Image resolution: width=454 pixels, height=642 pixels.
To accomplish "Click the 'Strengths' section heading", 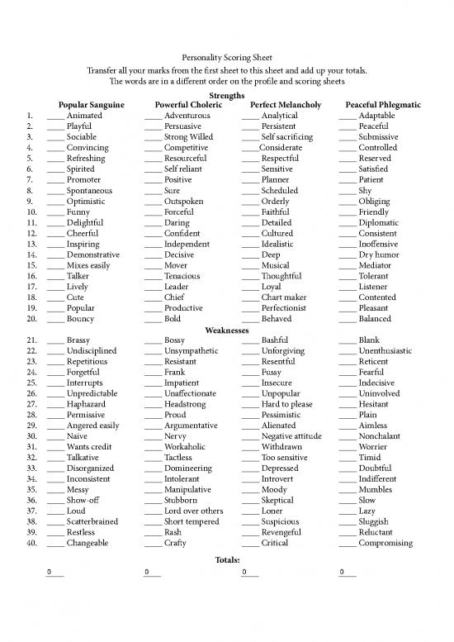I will point(227,96).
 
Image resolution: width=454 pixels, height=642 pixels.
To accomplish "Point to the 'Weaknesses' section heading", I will point(227,329).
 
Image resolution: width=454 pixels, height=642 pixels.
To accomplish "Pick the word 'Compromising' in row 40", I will point(385,543).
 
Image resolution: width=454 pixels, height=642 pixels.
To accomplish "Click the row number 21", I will point(31,340).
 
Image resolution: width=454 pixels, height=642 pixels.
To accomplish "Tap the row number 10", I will point(31,212).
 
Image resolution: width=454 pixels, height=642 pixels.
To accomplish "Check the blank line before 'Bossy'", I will point(152,341).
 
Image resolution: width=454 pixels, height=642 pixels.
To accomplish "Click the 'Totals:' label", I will point(227,559).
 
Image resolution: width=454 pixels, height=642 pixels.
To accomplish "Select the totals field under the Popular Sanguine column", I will point(54,572).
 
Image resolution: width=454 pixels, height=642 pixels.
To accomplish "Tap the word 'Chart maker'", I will point(284,297).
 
